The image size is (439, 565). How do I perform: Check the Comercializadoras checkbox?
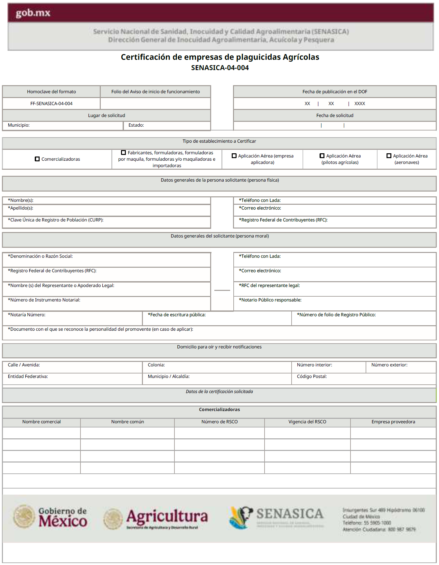point(37,159)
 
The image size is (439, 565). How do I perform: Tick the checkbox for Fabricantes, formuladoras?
point(123,153)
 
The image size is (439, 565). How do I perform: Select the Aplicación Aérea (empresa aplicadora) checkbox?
point(234,156)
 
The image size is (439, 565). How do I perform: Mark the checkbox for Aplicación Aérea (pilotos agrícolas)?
point(322,156)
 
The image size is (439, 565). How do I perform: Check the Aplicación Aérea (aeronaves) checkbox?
point(389,156)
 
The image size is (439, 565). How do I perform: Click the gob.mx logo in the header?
point(33,13)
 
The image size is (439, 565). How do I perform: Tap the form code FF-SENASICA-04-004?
point(51,103)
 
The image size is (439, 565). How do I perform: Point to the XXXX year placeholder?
point(360,103)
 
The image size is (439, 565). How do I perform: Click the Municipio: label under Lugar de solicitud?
point(19,125)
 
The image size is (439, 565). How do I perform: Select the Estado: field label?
point(136,125)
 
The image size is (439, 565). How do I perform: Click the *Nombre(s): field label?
point(21,200)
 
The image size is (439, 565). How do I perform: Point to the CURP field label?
point(56,220)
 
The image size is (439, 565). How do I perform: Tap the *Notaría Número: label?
point(27,315)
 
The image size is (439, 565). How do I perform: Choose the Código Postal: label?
point(312,376)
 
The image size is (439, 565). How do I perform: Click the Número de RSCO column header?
point(219,422)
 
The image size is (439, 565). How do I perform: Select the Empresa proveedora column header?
point(393,422)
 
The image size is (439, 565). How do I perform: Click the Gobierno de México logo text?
point(62,517)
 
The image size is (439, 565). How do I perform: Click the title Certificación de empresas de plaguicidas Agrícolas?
point(220,57)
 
